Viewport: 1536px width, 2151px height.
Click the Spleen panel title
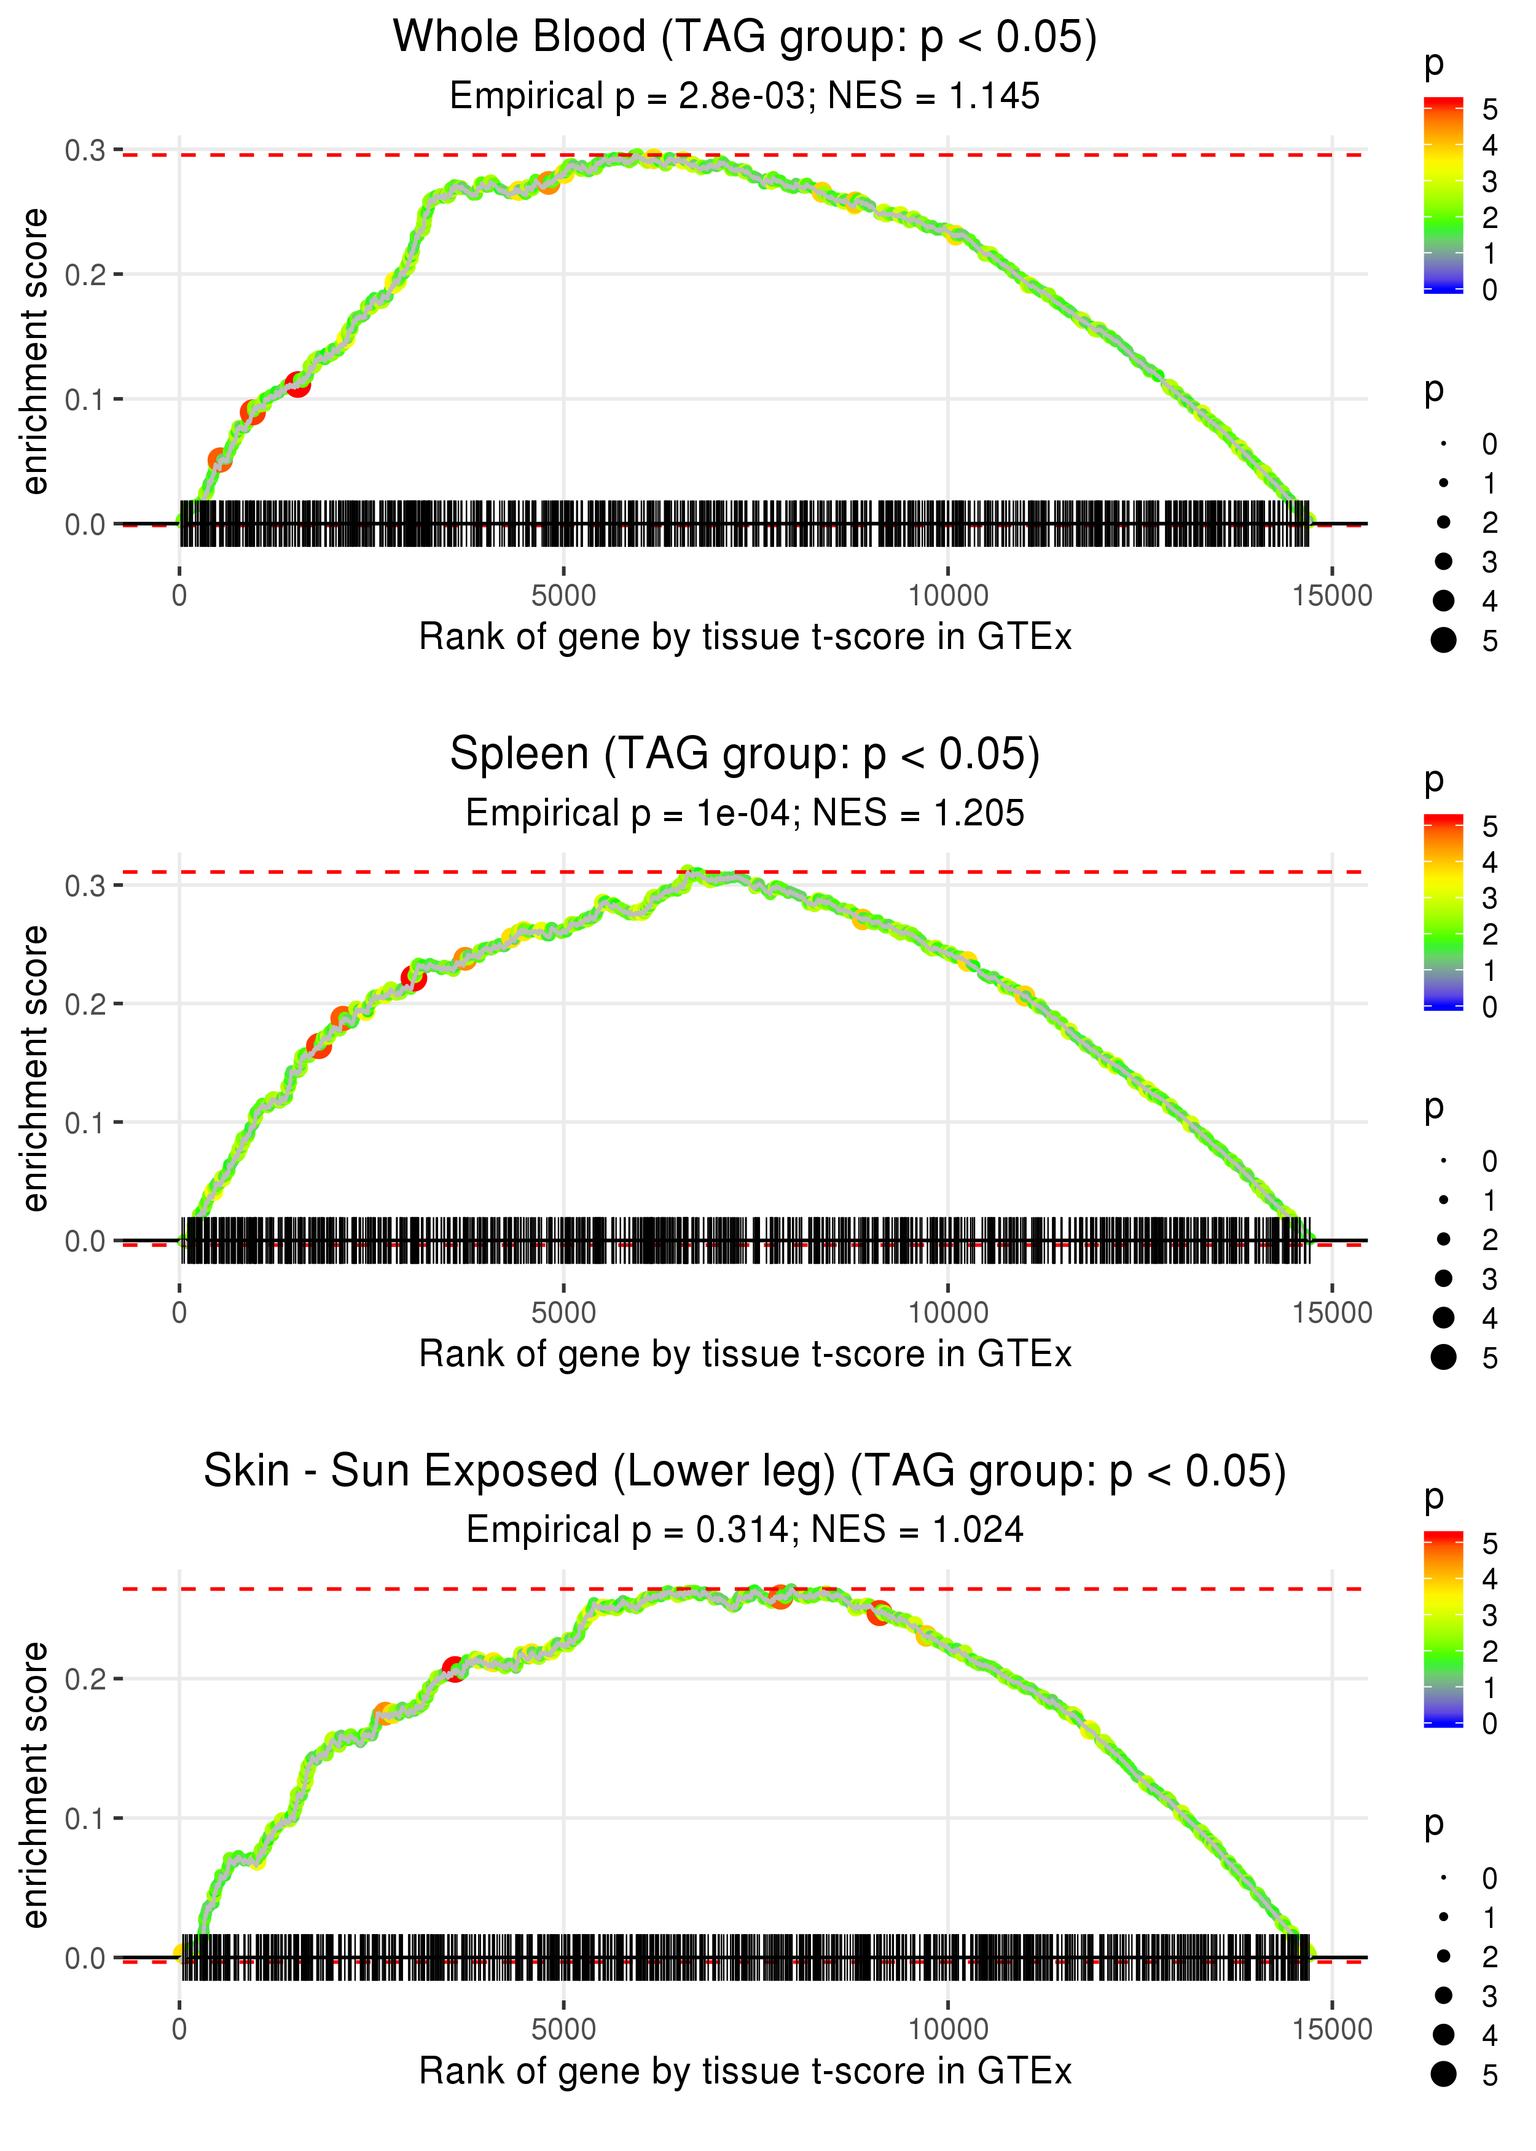click(x=745, y=755)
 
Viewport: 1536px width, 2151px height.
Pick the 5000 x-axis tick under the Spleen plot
click(x=563, y=1313)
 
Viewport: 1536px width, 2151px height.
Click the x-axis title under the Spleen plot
click(x=745, y=1355)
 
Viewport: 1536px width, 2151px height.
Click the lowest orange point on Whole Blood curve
click(x=219, y=461)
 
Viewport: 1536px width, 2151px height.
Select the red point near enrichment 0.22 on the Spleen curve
click(x=413, y=978)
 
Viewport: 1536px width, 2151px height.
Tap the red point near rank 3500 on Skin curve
click(x=454, y=1669)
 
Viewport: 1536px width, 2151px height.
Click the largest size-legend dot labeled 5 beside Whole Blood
click(x=1443, y=640)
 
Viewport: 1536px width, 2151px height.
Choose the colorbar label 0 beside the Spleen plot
click(x=1490, y=1007)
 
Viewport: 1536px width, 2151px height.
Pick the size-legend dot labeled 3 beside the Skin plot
click(x=1443, y=1995)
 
